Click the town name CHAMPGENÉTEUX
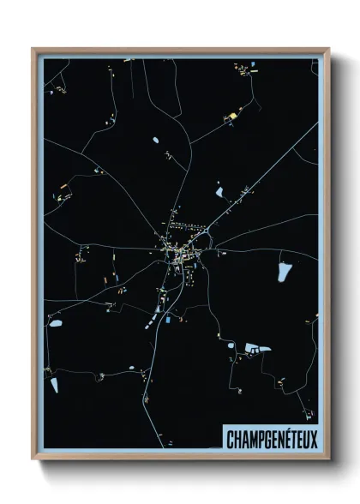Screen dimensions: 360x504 [272, 438]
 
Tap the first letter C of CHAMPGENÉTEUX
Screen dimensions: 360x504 [231, 438]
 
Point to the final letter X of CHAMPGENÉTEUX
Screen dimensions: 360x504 [312, 438]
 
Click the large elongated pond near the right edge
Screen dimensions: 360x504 [284, 272]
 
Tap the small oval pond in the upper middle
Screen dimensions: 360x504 [155, 140]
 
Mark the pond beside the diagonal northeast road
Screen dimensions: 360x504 [219, 189]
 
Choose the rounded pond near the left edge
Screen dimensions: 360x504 [55, 323]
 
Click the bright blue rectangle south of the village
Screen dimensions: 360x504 [168, 320]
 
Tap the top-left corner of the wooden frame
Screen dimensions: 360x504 [33, 50]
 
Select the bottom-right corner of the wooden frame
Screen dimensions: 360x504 [328, 459]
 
